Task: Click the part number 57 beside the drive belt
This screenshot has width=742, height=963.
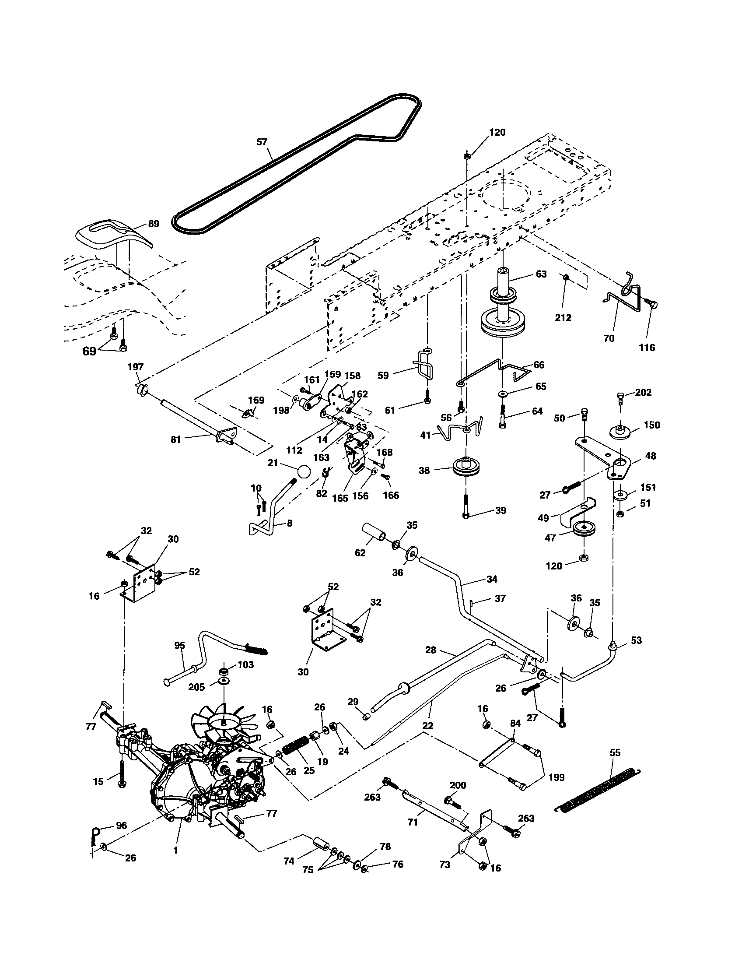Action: click(262, 142)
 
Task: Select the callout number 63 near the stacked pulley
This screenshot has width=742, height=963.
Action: click(541, 274)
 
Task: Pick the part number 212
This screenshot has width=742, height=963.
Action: click(563, 317)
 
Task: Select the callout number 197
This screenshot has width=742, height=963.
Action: click(135, 367)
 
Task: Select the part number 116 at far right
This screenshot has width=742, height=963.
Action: click(647, 348)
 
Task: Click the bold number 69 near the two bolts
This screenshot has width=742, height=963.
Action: click(89, 351)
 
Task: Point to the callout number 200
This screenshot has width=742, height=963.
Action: click(458, 785)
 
